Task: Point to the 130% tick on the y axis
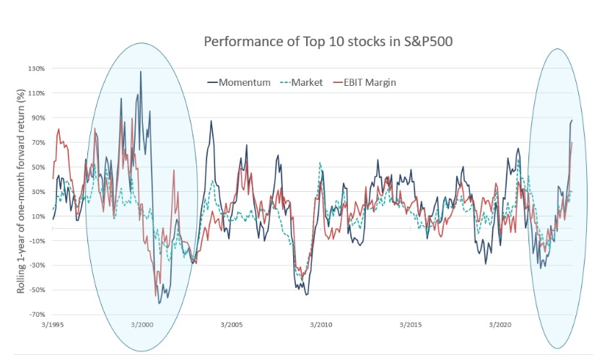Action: tap(37, 69)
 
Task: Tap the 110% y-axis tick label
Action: tap(37, 93)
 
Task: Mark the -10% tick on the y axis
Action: tap(37, 241)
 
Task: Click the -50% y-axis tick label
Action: tap(37, 290)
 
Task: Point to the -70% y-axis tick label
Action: tap(37, 315)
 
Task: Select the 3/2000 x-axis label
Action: tap(142, 325)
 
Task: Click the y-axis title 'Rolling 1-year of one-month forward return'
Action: tap(22, 191)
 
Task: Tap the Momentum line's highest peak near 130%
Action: tap(141, 71)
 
